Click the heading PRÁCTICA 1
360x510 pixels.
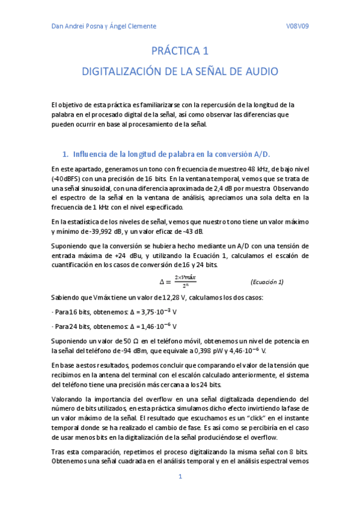tap(180, 53)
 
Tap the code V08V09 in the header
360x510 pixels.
tap(297, 26)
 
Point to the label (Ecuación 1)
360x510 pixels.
tap(266, 282)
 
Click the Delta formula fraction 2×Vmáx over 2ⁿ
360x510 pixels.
tap(186, 281)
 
